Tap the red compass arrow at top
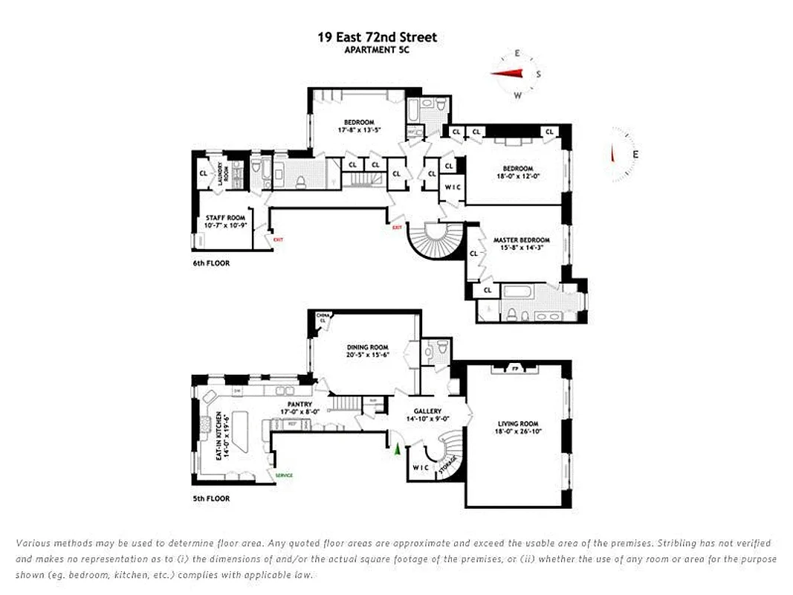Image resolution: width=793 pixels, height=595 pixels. (x=509, y=73)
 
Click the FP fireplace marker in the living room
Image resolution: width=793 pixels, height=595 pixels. (x=514, y=368)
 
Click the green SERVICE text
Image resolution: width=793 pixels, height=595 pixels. (x=284, y=475)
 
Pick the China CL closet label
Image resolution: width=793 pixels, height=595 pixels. (x=323, y=318)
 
